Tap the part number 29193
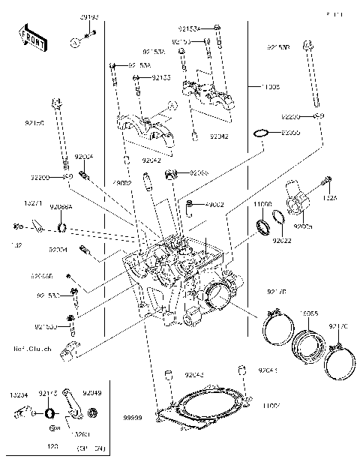[90, 16]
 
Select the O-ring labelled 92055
[259, 133]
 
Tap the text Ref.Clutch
[32, 349]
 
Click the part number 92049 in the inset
[92, 392]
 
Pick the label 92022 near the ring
[282, 241]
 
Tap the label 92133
[161, 77]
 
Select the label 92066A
[61, 207]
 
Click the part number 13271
[32, 202]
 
